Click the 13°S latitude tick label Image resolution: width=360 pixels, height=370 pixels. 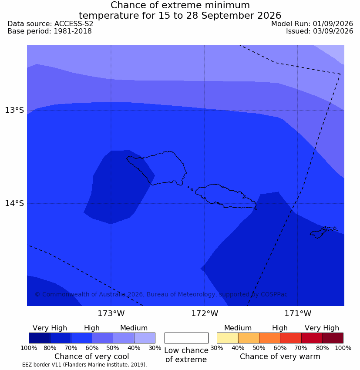coord(14,110)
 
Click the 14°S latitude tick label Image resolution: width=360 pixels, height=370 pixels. coord(14,203)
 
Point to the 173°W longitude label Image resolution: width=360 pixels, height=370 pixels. coord(111,313)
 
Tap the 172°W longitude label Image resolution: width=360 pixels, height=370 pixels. coord(205,313)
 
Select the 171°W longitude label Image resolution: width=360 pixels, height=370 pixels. coord(298,313)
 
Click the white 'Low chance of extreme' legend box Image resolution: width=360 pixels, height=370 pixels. coord(186,338)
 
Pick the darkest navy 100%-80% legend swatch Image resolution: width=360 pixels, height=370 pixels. coord(40,338)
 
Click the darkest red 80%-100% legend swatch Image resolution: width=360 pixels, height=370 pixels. coord(333,338)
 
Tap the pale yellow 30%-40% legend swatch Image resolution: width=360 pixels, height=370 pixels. coord(227,338)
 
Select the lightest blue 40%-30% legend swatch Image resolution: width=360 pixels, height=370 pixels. coord(145,338)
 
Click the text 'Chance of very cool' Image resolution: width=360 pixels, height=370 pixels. coord(92,357)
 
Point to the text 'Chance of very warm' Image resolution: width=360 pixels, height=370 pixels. coord(280,357)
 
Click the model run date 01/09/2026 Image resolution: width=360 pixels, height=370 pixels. coord(333,24)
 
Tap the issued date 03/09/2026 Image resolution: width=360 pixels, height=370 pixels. coord(333,31)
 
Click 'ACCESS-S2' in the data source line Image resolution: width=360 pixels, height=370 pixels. coord(74,24)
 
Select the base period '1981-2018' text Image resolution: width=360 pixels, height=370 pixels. coord(73,31)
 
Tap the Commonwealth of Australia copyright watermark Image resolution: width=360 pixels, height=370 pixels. coord(161,294)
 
